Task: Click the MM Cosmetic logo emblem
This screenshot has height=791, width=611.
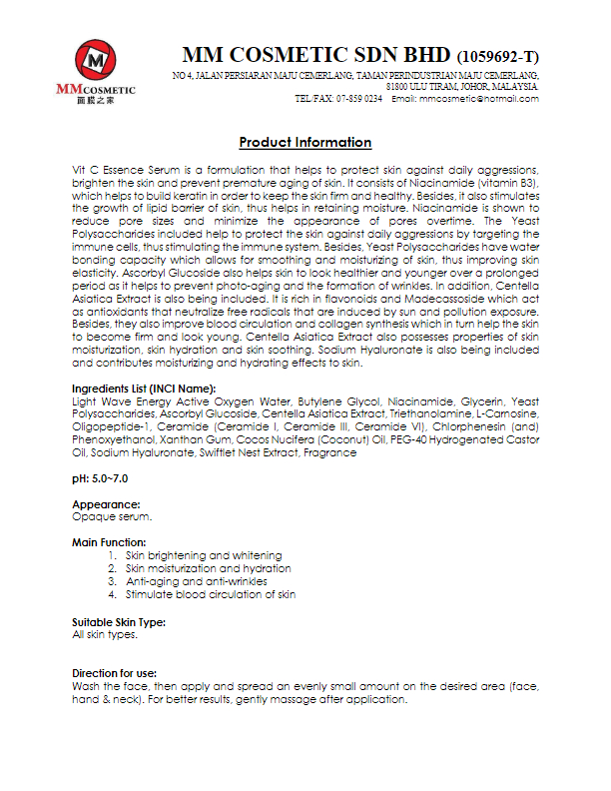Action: (x=95, y=63)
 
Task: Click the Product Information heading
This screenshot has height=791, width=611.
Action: (x=305, y=143)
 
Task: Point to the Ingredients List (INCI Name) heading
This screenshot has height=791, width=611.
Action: (x=144, y=388)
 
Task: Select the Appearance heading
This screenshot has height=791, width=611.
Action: (x=106, y=505)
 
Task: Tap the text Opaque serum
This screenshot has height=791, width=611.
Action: (x=112, y=516)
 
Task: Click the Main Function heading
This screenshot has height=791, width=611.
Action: (x=109, y=542)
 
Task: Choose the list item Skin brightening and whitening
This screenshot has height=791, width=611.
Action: (x=203, y=555)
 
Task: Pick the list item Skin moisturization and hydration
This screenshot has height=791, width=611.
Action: (x=209, y=568)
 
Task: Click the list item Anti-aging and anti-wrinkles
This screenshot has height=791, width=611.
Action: (x=196, y=581)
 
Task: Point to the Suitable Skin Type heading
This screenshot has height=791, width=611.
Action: (x=119, y=622)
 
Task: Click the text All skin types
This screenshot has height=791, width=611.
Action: (x=104, y=634)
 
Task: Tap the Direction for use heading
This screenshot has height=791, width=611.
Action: (x=114, y=674)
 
